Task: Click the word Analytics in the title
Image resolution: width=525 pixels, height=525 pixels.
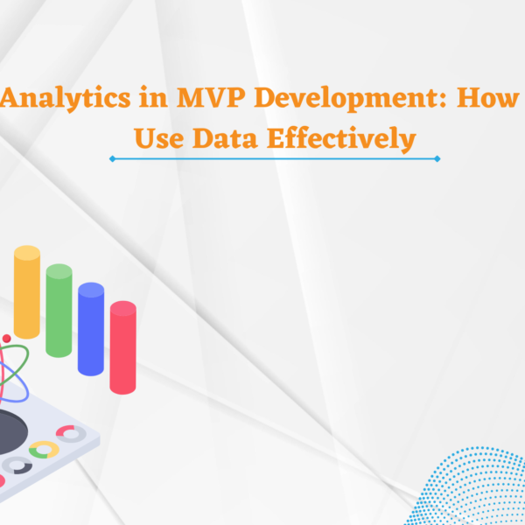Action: [66, 98]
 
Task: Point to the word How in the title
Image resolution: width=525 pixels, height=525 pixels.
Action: [488, 97]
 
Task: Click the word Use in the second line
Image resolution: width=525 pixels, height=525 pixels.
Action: [159, 138]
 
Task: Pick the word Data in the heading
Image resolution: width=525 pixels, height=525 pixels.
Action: [225, 138]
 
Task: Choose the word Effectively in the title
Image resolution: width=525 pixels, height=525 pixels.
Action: [341, 139]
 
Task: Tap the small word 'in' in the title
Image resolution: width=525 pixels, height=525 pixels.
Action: [153, 97]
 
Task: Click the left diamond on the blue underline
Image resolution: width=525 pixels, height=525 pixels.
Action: [113, 158]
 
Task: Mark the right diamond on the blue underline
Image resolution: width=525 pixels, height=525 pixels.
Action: [437, 158]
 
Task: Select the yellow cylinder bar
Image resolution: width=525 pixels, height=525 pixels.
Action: [27, 292]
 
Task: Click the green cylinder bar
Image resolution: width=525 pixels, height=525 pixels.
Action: [59, 311]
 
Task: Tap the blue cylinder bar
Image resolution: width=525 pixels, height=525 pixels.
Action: [91, 329]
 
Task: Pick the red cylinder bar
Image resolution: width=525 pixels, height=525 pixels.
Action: [122, 347]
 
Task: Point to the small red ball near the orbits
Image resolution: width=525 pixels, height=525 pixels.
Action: [6, 338]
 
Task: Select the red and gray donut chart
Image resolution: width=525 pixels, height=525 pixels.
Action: [71, 434]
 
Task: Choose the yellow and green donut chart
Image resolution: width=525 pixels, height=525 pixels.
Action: [44, 450]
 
